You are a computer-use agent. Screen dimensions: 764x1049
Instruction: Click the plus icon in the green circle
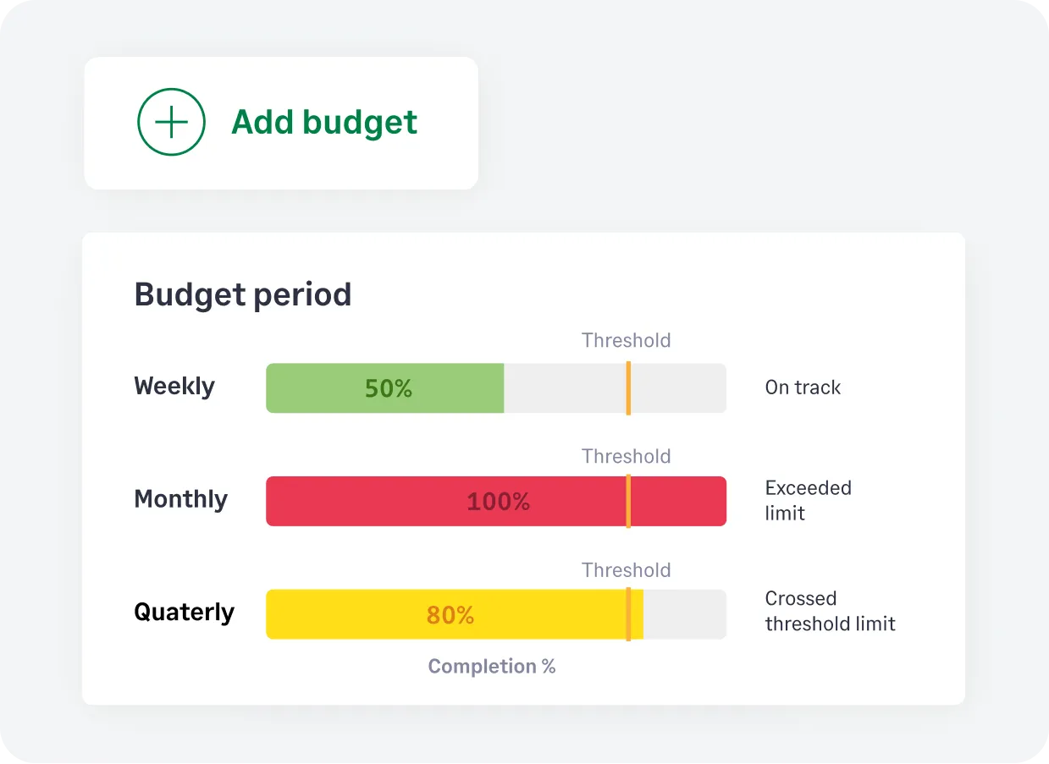pyautogui.click(x=171, y=123)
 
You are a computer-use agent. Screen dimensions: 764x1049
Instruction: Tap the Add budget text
pyautogui.click(x=324, y=123)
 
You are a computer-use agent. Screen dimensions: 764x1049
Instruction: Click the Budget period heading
pyautogui.click(x=242, y=294)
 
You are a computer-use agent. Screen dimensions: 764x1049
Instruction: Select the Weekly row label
pyautogui.click(x=174, y=387)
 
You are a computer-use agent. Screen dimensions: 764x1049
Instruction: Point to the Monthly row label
pyautogui.click(x=180, y=499)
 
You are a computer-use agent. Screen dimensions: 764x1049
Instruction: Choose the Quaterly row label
pyautogui.click(x=184, y=612)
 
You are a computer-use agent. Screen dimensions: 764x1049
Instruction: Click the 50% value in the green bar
pyautogui.click(x=388, y=388)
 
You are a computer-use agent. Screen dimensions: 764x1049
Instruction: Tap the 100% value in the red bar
pyautogui.click(x=498, y=502)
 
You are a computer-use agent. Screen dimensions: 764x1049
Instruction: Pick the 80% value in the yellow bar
pyautogui.click(x=450, y=615)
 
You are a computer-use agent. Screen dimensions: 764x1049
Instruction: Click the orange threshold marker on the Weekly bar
pyautogui.click(x=628, y=388)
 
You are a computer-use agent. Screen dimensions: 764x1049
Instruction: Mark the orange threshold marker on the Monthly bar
pyautogui.click(x=628, y=502)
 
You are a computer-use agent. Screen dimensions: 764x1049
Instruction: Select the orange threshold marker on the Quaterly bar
pyautogui.click(x=628, y=614)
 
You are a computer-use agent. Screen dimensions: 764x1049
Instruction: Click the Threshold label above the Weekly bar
pyautogui.click(x=626, y=340)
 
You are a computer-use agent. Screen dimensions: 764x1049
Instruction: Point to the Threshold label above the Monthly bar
pyautogui.click(x=626, y=456)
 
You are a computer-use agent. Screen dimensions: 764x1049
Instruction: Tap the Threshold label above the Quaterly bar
pyautogui.click(x=626, y=570)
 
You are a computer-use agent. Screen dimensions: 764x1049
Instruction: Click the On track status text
pyautogui.click(x=803, y=387)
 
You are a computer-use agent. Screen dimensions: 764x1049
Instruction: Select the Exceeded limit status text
pyautogui.click(x=808, y=500)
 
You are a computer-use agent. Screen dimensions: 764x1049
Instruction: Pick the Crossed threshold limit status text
pyautogui.click(x=830, y=611)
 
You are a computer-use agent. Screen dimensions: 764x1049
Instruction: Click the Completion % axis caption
pyautogui.click(x=491, y=667)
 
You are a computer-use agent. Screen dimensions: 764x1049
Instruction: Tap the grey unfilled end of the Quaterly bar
pyautogui.click(x=684, y=614)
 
